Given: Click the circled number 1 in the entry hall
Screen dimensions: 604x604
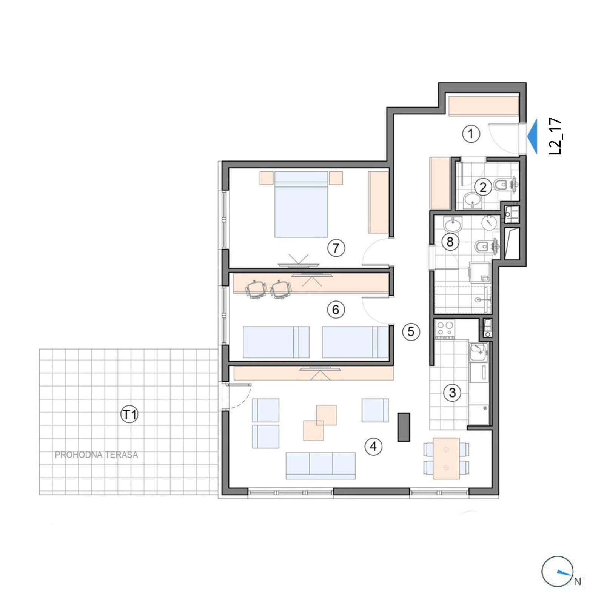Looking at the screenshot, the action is pos(471,134).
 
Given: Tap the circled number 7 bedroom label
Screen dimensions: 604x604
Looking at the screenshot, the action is pos(336,248).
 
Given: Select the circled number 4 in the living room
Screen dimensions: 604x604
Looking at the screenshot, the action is pos(373,447).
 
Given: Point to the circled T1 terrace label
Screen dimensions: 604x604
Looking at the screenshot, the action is pos(129,415).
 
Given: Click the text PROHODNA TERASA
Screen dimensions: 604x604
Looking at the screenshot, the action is pos(96,455).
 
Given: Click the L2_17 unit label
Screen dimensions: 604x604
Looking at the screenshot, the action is pos(555,137).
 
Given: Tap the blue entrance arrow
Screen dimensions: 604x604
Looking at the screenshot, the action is pos(532,136).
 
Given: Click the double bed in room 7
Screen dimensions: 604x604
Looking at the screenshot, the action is pos(301,204).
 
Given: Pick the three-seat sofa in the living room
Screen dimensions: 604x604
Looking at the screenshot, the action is pos(320,466).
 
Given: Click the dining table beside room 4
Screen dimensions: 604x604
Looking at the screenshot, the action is pos(446,458).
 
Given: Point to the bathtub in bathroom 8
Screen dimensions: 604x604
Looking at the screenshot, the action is pos(462,300).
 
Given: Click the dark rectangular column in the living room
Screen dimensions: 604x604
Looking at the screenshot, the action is pos(404,427).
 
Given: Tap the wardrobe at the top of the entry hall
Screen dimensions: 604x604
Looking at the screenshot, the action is pos(484,106).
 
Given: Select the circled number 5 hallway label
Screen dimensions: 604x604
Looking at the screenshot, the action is pos(411,332).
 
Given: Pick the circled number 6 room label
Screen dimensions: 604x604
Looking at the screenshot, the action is pos(336,310).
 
